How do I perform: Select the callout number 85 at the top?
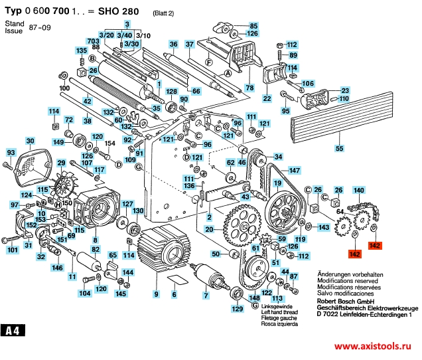coord(253,26)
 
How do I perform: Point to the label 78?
coord(249,88)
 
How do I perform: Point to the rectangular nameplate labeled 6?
coord(174,280)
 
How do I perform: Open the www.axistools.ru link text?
coord(374,347)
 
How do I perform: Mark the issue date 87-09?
coord(40,31)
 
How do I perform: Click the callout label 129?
coord(237,309)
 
